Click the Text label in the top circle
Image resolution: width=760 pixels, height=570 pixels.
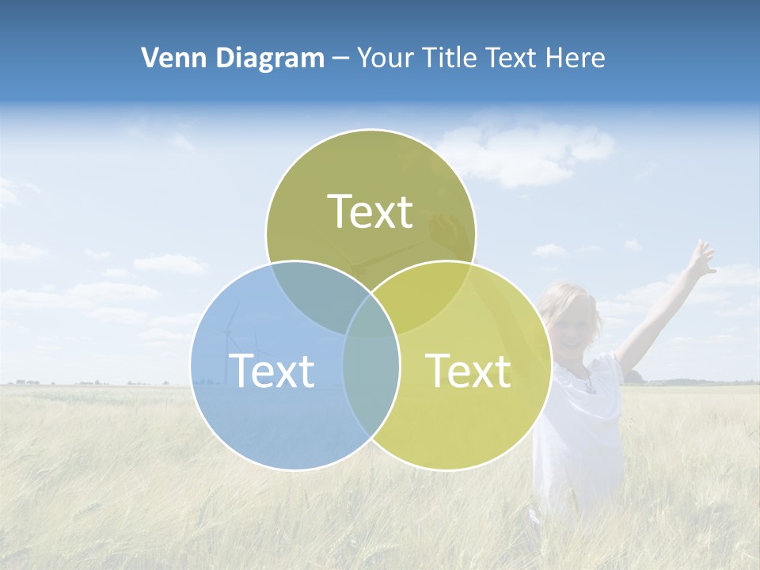click(x=370, y=211)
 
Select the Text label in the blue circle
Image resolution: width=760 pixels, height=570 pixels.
click(x=272, y=370)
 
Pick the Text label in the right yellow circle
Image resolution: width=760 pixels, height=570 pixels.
click(x=468, y=370)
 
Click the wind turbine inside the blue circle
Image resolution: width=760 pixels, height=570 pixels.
click(x=234, y=340)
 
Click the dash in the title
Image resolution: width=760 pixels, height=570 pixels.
click(x=340, y=59)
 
